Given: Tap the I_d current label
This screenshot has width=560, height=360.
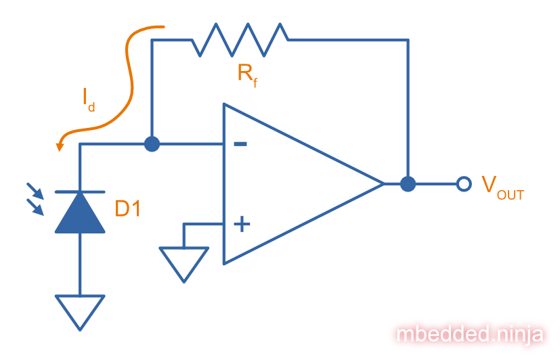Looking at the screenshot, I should pos(89,100).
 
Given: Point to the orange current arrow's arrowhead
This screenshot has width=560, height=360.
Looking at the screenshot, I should pos(60,144).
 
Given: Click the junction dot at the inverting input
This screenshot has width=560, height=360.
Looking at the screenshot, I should pos(152,143).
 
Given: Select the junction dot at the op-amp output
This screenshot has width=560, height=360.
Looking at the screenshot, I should pos(408,183).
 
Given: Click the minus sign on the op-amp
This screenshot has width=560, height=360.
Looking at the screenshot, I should pos(240,144).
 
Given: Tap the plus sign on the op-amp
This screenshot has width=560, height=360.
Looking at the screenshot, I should pos(240,224).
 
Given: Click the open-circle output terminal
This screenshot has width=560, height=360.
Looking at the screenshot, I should pos(464,183).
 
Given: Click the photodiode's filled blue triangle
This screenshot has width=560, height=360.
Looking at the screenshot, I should pos(80,214).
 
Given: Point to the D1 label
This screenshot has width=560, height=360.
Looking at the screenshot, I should pos(127,209).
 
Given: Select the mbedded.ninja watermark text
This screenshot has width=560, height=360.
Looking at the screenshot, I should pos(470,334).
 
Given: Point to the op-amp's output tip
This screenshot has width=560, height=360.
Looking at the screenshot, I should pos(383,183).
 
